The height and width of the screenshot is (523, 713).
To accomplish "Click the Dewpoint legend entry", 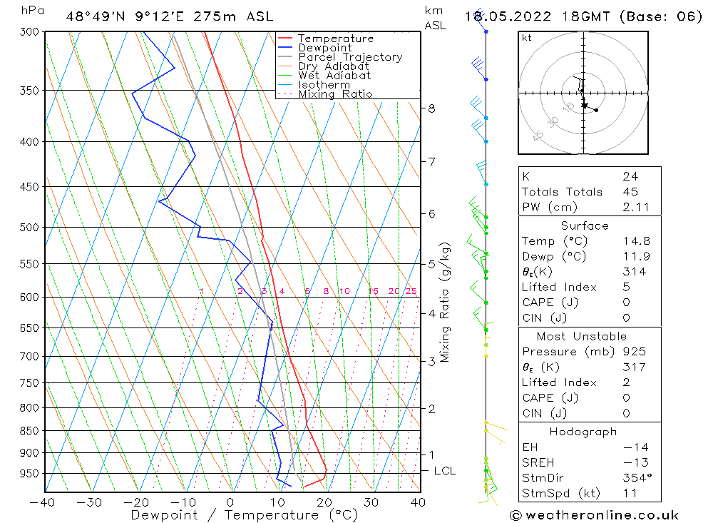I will point(324,48).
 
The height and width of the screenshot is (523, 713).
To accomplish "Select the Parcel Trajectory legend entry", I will point(350,57).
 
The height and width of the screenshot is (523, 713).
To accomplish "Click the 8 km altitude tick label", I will point(431,108).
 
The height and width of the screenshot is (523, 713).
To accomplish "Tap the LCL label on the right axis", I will point(444,471).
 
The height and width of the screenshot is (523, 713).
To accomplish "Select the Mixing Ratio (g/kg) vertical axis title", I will point(445,303).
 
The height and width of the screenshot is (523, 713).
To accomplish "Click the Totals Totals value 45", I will point(630,191).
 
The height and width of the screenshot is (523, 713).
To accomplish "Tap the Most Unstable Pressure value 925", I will point(634,352).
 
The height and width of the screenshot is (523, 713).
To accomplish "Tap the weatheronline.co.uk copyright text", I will point(594,515).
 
